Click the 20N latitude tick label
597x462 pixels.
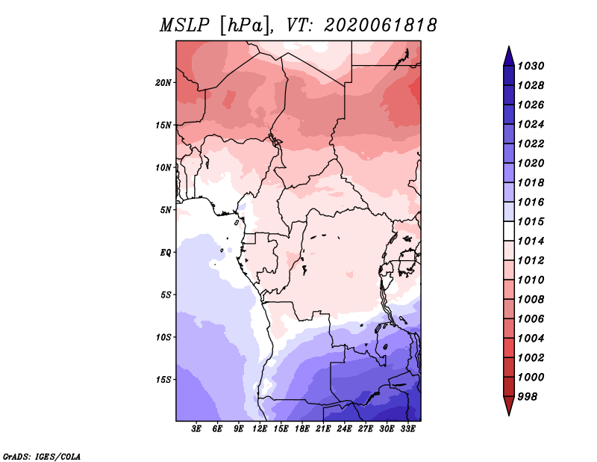(x=163, y=83)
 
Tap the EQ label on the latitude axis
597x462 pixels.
(x=166, y=253)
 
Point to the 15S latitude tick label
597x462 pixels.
(x=163, y=380)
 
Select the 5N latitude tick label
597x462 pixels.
(x=166, y=210)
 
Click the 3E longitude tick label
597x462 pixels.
(x=196, y=428)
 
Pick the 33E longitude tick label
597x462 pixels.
(x=407, y=428)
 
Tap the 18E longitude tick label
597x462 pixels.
(x=302, y=428)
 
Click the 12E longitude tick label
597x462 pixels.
(x=260, y=428)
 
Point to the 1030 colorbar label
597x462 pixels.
(x=531, y=66)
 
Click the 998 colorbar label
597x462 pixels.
(x=528, y=397)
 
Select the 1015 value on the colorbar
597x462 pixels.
(x=531, y=221)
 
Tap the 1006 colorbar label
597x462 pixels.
(x=531, y=319)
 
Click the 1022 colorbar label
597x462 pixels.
(x=531, y=144)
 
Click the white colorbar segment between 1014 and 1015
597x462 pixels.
(x=509, y=231)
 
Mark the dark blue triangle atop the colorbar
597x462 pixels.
(x=509, y=56)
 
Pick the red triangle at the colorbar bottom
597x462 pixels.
(x=509, y=406)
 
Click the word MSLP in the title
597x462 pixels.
(x=184, y=25)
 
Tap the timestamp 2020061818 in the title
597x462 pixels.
(x=381, y=25)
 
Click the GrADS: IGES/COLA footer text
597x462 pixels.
(x=42, y=457)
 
